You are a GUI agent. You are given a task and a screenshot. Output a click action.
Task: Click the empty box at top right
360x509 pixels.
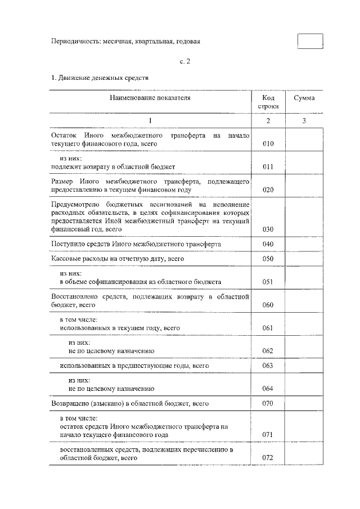click(310, 42)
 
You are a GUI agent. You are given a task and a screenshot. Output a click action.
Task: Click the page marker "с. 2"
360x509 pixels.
click(179, 62)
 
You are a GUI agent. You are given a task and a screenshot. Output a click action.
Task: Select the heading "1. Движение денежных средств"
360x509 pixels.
click(100, 78)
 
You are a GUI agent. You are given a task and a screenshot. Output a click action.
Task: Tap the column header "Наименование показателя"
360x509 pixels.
click(150, 98)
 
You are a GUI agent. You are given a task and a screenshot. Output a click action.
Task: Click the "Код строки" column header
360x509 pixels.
click(268, 102)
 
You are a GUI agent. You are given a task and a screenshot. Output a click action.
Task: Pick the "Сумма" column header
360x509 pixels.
click(304, 98)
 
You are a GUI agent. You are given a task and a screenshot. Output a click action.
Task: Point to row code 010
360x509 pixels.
click(268, 145)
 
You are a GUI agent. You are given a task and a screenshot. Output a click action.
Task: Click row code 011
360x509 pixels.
click(268, 167)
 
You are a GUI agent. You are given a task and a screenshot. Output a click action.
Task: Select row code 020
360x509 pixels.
click(268, 190)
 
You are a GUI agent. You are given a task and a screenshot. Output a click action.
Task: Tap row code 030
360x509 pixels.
click(268, 229)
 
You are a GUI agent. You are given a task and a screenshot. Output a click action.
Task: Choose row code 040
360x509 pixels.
click(268, 244)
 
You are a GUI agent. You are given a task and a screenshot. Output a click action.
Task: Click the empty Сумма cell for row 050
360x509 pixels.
click(304, 259)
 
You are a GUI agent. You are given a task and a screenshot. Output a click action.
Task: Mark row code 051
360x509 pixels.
click(268, 282)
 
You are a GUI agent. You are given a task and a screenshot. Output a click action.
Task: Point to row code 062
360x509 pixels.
click(268, 351)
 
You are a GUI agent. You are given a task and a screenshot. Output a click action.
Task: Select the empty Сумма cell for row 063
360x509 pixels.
click(304, 366)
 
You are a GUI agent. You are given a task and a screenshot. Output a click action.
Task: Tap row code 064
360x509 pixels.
click(268, 389)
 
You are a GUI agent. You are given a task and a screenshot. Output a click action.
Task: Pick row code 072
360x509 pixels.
click(268, 458)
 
